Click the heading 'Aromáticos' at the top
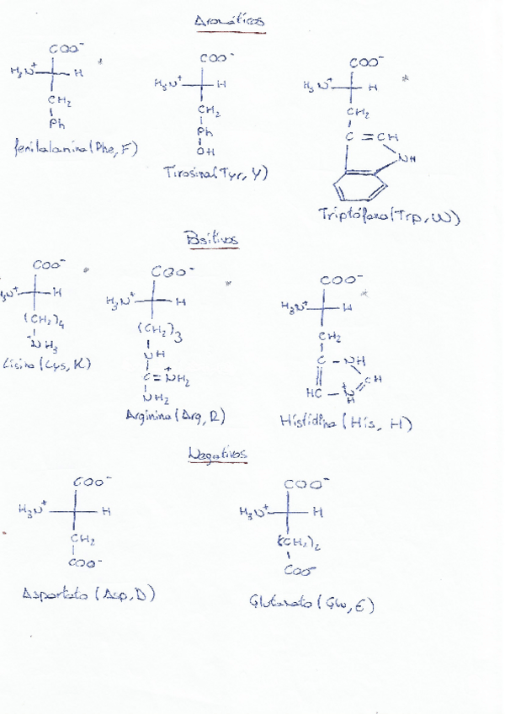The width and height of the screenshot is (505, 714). [x=228, y=22]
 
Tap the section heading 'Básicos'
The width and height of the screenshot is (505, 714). [x=210, y=240]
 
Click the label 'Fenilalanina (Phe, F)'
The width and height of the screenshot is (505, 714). [x=76, y=149]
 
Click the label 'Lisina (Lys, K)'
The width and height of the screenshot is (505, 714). [x=46, y=365]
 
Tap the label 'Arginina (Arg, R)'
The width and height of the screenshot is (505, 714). [x=174, y=417]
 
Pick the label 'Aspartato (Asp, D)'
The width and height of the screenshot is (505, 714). [x=88, y=594]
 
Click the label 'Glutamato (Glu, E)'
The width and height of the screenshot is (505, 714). [x=311, y=604]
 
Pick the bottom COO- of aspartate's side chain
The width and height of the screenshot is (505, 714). [x=86, y=562]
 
